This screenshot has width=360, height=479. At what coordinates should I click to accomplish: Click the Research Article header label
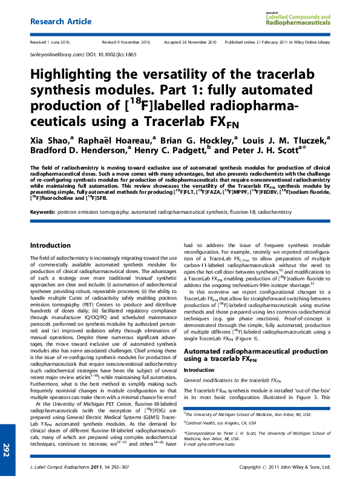point(61,21)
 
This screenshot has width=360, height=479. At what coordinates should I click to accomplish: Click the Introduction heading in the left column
point(50,246)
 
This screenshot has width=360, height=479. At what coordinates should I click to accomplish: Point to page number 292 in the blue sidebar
point(7,450)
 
